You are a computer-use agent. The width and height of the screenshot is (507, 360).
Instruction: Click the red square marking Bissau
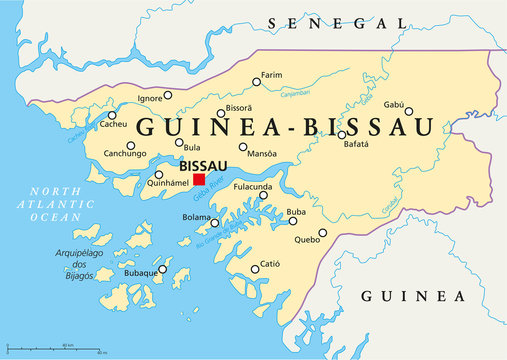tap(199, 180)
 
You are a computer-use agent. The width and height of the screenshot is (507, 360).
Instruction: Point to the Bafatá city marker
tap(342, 134)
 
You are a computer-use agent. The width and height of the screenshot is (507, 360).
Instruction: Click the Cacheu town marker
tap(110, 115)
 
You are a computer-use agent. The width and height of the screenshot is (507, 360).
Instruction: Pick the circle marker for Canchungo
tap(130, 145)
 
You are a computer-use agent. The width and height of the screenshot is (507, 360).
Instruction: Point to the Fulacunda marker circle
tap(263, 195)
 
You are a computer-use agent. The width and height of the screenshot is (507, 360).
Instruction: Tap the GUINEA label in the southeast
tap(412, 297)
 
